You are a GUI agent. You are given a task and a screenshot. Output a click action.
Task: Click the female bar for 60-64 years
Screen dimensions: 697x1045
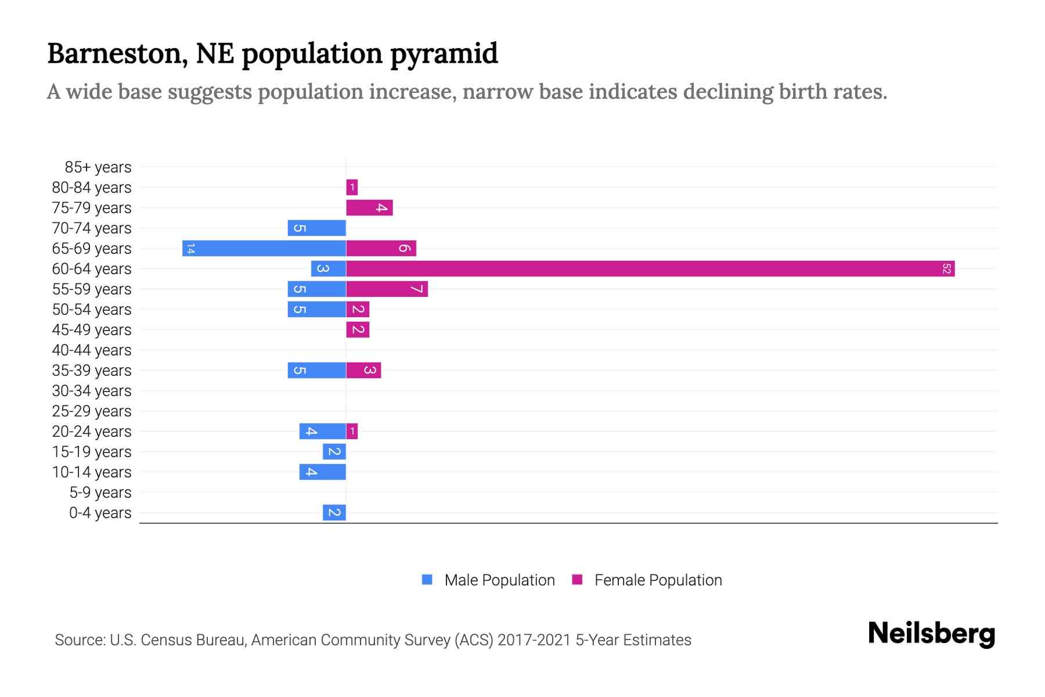[x=650, y=268]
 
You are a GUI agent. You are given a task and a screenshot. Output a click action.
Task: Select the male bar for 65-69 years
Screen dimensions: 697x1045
[x=264, y=248]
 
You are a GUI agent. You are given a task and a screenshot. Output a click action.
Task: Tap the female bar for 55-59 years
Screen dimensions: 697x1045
[x=387, y=289]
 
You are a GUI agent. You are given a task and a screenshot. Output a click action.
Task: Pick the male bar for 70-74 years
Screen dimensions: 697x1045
[x=316, y=228]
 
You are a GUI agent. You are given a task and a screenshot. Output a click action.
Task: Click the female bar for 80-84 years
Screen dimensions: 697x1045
[x=352, y=187]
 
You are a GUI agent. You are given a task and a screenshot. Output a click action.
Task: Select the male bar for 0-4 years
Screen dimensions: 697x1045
[x=334, y=512]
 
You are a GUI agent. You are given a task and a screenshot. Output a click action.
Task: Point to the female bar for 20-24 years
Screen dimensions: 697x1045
[x=352, y=431]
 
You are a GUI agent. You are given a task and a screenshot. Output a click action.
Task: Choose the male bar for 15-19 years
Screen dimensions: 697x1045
[x=334, y=451]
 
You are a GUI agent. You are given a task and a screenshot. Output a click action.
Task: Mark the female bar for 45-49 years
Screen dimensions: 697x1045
[x=358, y=329]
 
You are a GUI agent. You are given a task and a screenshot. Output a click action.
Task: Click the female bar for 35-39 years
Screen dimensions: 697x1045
[x=363, y=370]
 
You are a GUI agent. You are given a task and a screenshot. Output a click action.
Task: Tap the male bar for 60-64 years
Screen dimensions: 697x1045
[x=328, y=268]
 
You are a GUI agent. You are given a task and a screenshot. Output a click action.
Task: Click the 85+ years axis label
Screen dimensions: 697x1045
[x=98, y=167]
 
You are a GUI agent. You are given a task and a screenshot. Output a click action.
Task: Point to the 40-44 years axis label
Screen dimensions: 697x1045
[x=92, y=350]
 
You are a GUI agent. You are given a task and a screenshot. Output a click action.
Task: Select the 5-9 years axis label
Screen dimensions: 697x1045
[x=100, y=493]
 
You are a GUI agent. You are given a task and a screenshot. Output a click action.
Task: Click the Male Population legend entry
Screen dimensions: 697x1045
[x=499, y=580]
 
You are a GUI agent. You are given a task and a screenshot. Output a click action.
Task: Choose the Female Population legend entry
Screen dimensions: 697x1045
[x=657, y=580]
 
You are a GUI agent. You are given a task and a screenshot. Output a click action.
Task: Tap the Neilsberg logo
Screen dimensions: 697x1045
[x=931, y=634]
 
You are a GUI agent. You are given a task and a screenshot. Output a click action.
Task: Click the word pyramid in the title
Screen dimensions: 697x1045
[x=444, y=53]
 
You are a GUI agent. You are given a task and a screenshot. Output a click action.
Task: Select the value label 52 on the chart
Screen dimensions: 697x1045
[x=946, y=268]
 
